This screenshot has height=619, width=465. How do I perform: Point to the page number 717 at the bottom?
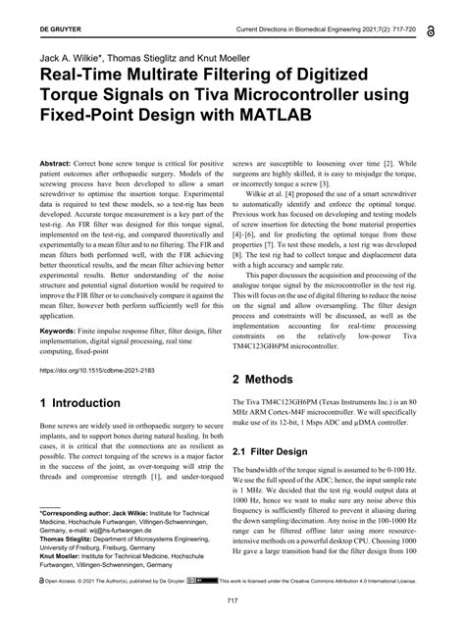click(x=233, y=600)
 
